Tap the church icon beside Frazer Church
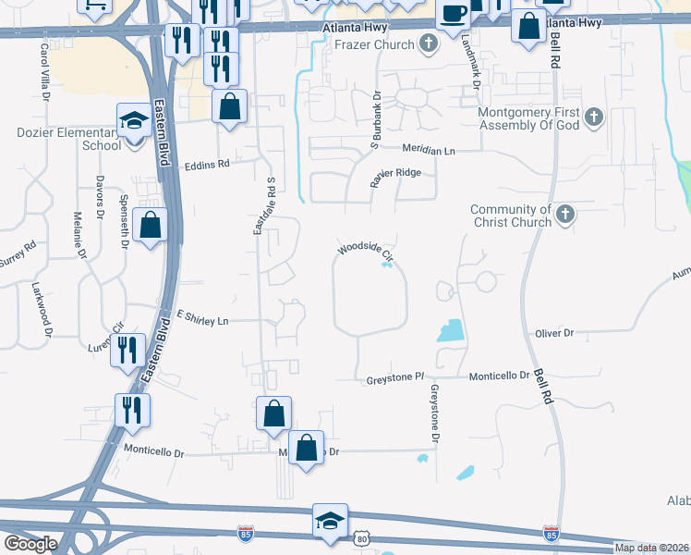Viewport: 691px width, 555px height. (x=428, y=43)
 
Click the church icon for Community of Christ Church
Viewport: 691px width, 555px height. (x=565, y=216)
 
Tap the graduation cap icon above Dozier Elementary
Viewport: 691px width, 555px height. (x=134, y=120)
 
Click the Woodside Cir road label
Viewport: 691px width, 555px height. (x=366, y=252)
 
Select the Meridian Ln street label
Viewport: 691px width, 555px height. (x=430, y=149)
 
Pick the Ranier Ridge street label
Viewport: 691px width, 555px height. (x=402, y=173)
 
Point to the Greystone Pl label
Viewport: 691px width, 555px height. (x=394, y=377)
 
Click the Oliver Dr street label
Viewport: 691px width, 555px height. (x=554, y=333)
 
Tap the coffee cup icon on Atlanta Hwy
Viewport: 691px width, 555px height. (x=453, y=14)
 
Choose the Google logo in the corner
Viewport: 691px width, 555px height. (x=30, y=543)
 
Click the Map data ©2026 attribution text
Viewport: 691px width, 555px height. (x=650, y=548)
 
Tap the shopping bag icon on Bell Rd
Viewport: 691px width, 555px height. (x=528, y=26)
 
